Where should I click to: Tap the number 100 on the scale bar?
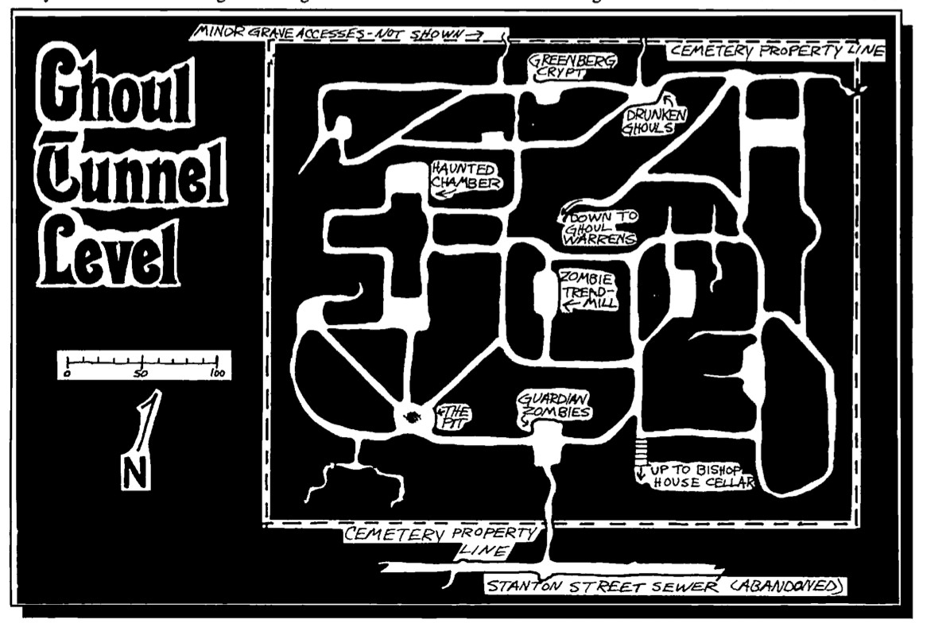click(215, 372)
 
